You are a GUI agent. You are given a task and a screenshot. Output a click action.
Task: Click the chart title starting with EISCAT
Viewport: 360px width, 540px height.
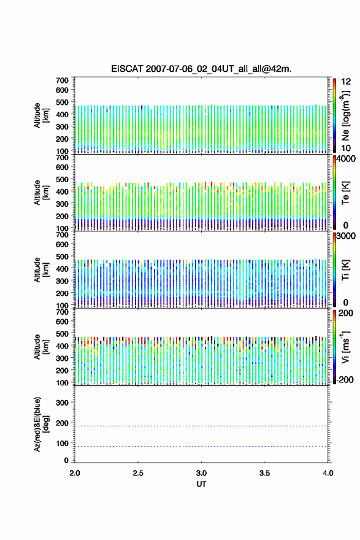201,69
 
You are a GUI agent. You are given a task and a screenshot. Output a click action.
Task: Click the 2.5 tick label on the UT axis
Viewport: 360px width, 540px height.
138,473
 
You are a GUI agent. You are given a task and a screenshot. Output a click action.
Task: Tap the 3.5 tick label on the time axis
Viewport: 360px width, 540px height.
265,473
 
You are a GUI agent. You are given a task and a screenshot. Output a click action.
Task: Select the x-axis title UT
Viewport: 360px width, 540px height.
201,484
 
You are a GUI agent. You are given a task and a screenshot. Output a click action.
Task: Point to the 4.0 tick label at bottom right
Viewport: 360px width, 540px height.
328,473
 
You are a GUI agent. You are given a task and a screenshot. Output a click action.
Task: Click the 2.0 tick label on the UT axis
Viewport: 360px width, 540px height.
75,473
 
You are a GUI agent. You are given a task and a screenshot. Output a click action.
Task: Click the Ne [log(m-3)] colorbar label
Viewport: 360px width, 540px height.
345,116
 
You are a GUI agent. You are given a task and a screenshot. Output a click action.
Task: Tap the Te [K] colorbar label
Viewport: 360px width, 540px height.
345,193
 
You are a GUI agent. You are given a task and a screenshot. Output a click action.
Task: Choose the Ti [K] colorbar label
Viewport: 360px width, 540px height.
345,270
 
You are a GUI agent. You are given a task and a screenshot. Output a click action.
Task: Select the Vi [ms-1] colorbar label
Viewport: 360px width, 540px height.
345,347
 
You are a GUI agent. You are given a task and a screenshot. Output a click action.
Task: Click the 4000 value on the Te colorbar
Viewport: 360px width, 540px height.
347,160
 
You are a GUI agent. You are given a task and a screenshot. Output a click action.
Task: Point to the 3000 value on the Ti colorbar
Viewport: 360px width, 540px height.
347,236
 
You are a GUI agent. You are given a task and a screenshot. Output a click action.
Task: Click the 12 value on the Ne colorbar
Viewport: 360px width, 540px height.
346,82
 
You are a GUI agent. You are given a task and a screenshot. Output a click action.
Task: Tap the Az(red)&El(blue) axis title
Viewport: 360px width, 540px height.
41,424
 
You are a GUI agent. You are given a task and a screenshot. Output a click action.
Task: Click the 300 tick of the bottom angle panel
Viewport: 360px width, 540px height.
62,403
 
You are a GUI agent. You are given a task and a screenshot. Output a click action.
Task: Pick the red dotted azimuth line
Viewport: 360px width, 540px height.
201,426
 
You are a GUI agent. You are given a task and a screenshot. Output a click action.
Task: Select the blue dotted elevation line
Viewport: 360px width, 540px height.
201,446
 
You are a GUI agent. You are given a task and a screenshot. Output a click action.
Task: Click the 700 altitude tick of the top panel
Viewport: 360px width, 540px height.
62,80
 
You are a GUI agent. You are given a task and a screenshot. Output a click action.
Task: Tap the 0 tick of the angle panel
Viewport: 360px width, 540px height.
66,460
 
